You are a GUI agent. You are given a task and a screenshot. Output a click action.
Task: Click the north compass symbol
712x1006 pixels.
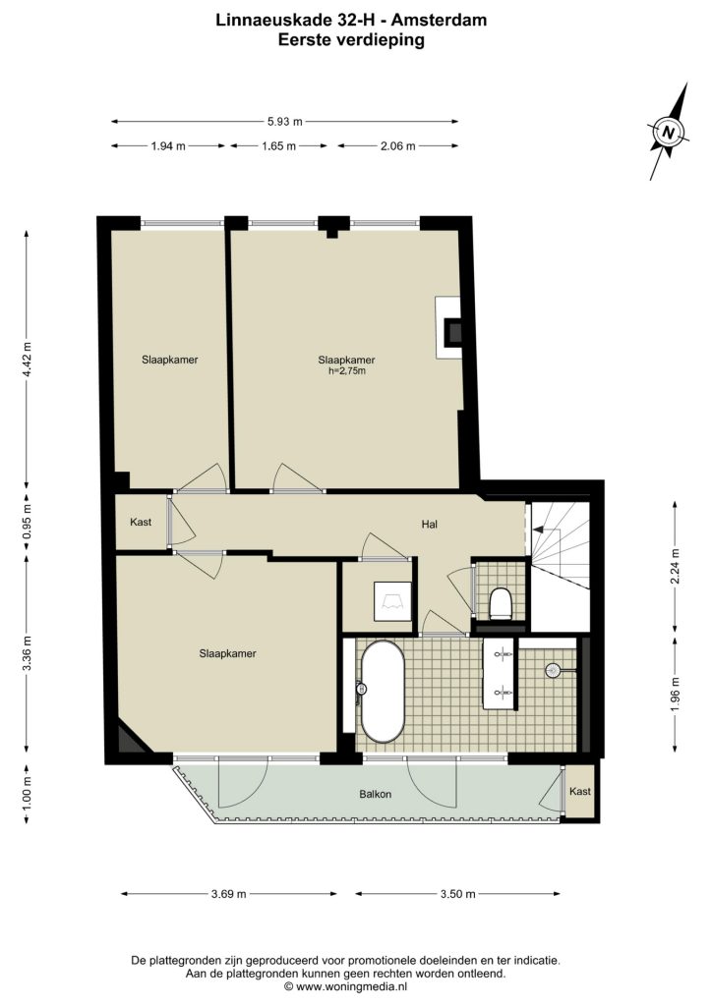point(669,133)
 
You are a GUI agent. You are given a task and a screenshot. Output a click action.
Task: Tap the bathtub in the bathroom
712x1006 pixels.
point(383,692)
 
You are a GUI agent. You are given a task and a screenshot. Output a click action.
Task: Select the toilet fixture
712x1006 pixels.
point(500,604)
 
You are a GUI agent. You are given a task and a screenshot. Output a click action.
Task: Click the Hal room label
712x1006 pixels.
point(430,525)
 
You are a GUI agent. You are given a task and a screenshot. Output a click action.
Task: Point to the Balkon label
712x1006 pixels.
point(375,794)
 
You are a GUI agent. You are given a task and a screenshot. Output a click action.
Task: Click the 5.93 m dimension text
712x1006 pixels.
point(284,121)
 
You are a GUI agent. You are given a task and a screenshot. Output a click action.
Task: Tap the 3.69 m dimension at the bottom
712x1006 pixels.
point(228,894)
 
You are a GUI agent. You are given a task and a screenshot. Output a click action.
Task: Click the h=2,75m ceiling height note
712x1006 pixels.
point(347,370)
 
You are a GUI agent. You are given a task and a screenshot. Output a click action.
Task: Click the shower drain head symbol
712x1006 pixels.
point(553,670)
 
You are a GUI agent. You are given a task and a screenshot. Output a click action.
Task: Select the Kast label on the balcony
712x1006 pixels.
point(580,791)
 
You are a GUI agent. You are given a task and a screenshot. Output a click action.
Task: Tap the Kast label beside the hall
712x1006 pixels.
point(141,522)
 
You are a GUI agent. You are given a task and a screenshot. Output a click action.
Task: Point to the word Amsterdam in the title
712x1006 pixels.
point(440,20)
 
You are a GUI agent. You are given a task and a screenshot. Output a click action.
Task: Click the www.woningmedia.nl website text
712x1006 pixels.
point(351,986)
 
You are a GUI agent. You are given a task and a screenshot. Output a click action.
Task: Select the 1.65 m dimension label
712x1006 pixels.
point(278,145)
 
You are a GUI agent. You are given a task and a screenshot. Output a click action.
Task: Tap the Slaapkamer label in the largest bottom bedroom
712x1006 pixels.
point(227,653)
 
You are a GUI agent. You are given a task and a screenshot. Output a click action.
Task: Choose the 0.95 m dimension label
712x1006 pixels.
point(27,522)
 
